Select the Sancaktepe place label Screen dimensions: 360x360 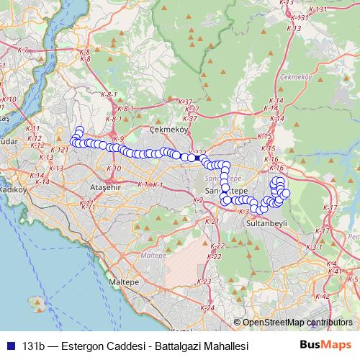[x=222, y=189]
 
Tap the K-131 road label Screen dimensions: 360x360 [x=302, y=17]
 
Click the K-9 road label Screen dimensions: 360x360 [x=118, y=138]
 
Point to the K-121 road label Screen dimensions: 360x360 [x=60, y=149]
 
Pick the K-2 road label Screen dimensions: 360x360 [x=198, y=199]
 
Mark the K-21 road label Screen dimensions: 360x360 [x=212, y=221]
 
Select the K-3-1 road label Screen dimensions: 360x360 [x=314, y=247]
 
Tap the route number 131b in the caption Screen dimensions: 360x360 [x=35, y=346]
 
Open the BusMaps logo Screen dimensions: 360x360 [x=326, y=345]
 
